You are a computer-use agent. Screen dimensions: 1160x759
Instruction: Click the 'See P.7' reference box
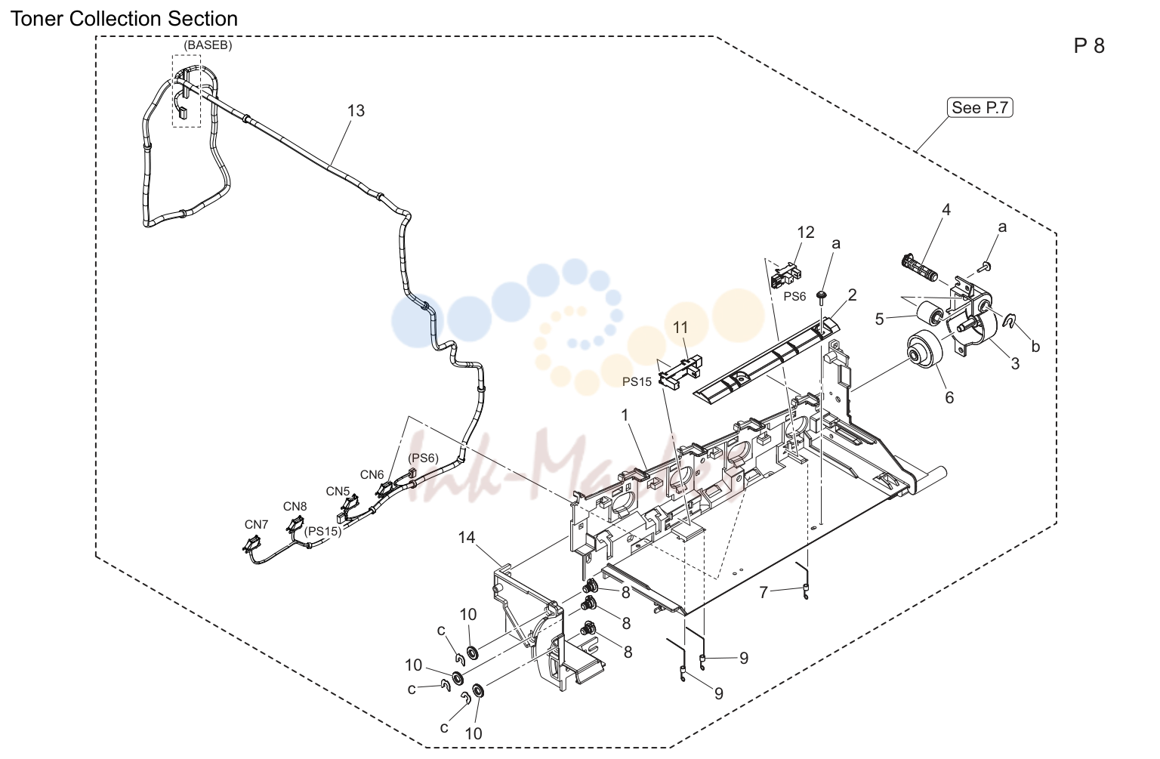point(980,108)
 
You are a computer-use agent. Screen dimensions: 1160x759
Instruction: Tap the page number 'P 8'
point(1089,46)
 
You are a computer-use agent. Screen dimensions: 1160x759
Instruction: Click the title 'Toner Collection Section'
point(125,19)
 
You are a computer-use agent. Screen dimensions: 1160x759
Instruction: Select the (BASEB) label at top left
point(208,45)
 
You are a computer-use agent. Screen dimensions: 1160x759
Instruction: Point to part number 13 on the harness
point(356,111)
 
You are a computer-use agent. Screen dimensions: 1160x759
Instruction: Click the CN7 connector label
point(256,524)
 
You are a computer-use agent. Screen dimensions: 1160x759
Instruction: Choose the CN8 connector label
point(295,506)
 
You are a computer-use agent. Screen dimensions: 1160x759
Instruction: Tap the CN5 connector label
point(338,492)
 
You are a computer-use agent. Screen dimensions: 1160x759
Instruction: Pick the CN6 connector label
point(372,475)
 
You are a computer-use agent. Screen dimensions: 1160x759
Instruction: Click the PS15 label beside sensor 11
point(637,381)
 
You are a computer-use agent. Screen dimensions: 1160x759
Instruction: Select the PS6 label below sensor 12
point(794,296)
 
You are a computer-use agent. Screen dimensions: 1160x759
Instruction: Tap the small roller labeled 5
point(930,314)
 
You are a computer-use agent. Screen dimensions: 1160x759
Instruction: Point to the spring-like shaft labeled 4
point(920,268)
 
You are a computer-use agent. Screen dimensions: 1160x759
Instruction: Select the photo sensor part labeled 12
point(786,275)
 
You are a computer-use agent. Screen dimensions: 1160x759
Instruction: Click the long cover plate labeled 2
point(766,363)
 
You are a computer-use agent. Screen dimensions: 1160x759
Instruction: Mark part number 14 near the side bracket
point(466,538)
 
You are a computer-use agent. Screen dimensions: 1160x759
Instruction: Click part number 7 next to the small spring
point(763,592)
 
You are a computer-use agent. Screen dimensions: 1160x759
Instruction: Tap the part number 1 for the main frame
point(625,415)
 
